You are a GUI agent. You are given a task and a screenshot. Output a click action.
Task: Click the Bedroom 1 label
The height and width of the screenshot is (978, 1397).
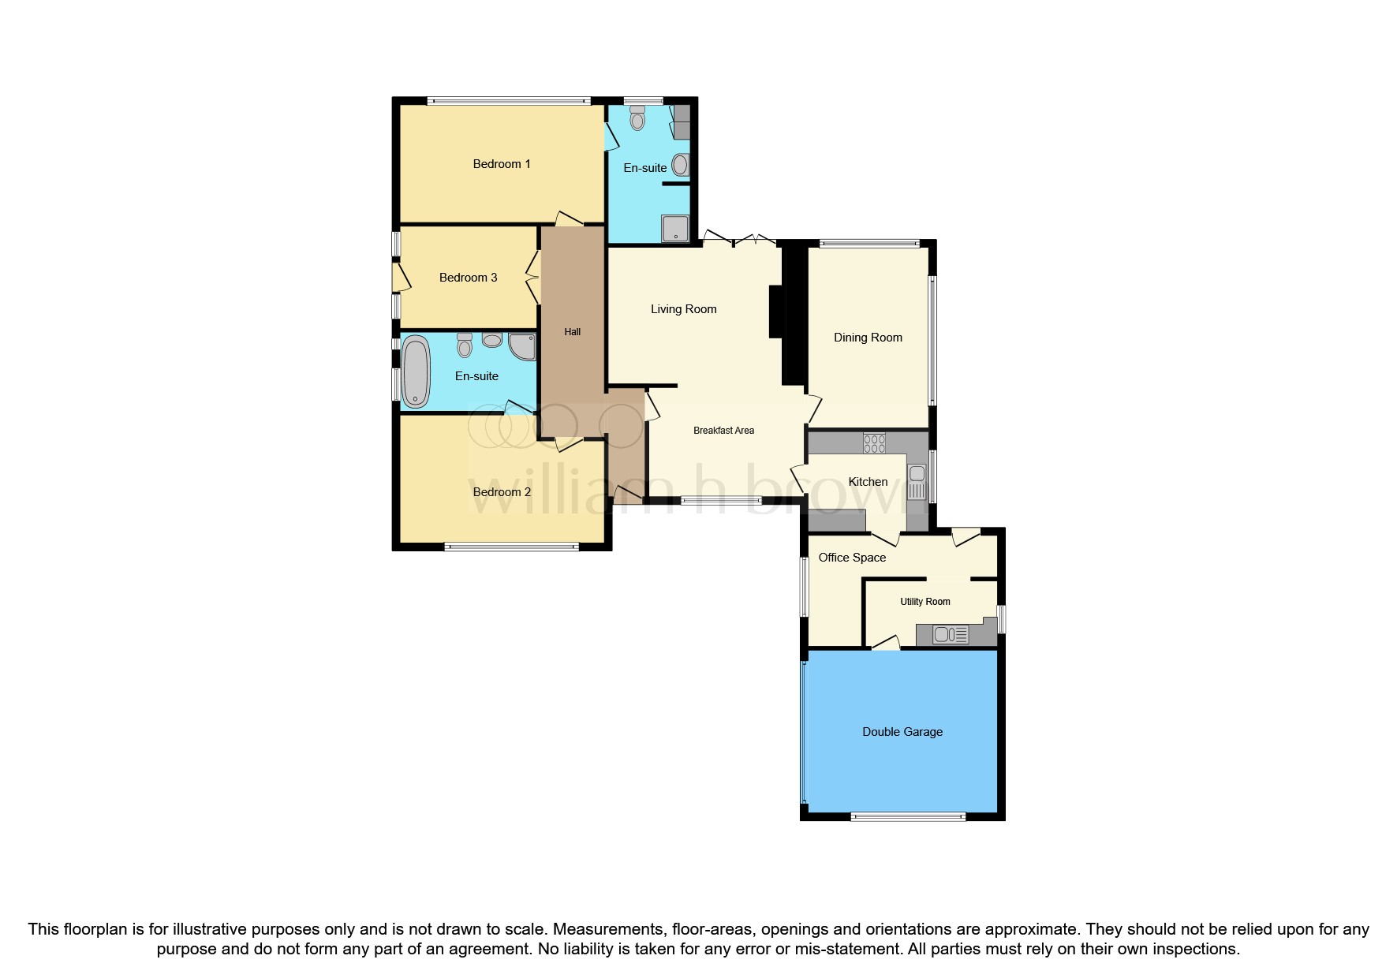[502, 164]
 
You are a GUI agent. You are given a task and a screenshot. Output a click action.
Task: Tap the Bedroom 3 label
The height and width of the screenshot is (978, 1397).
[468, 278]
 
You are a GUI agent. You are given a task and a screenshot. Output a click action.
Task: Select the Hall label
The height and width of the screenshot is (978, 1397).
[573, 332]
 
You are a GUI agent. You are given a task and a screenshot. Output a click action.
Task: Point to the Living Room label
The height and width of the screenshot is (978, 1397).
[683, 309]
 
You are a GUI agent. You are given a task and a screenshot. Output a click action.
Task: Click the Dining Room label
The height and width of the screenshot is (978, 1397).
[868, 338]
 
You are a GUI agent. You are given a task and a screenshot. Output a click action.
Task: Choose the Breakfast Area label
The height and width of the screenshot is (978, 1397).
[723, 431]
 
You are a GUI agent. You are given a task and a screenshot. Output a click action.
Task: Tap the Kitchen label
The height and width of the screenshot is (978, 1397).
[868, 482]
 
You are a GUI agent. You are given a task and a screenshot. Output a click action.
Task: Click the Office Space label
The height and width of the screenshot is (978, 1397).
[852, 558]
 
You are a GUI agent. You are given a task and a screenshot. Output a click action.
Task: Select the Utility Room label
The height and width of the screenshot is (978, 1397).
[925, 602]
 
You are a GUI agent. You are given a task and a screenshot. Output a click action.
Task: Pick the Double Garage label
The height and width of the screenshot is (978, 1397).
[902, 732]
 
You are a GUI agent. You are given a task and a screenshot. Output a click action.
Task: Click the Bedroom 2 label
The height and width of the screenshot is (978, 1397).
[502, 492]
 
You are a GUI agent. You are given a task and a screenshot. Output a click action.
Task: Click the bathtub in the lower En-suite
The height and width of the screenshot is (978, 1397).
[416, 371]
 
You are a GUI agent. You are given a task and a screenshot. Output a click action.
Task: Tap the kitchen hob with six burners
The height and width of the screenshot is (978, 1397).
[874, 443]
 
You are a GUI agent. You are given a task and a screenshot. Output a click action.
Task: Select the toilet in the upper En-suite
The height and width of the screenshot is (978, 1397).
[637, 119]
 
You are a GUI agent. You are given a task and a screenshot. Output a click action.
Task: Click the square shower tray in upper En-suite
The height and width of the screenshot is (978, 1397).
[675, 229]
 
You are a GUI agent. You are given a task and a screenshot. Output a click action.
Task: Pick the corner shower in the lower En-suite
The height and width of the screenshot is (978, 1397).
[522, 346]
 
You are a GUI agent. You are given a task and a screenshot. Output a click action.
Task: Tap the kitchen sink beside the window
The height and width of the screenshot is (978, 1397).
[917, 482]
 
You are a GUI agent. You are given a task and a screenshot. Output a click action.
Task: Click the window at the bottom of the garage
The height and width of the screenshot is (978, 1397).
[908, 817]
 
